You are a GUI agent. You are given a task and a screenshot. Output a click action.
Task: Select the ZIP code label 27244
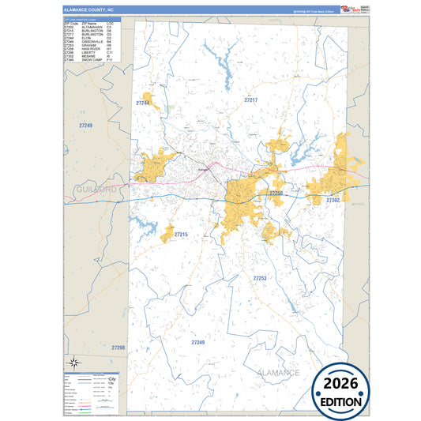click(143, 103)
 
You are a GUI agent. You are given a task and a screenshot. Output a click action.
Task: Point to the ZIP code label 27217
click(251, 100)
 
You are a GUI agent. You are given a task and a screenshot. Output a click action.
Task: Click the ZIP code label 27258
click(276, 194)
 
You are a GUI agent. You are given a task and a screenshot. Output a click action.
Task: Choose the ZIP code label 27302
click(333, 201)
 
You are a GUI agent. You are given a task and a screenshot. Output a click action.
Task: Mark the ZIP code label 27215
click(181, 235)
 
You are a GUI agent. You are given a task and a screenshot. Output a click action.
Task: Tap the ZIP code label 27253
click(259, 279)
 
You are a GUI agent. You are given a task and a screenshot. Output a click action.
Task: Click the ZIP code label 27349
click(197, 342)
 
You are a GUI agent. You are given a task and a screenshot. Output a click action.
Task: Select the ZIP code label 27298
click(118, 348)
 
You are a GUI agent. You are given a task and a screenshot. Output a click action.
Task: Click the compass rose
click(73, 363)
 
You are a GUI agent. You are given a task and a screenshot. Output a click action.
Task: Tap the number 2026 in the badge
click(341, 383)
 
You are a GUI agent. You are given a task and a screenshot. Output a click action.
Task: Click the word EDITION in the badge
click(341, 401)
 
